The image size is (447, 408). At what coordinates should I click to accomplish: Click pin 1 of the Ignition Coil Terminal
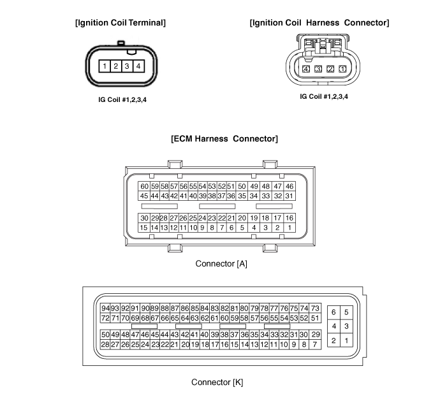(105, 66)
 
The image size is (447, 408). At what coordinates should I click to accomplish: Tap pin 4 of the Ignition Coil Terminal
(138, 66)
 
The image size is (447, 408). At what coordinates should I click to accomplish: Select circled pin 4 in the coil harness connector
(306, 69)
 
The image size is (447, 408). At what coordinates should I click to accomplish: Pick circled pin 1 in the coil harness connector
(342, 69)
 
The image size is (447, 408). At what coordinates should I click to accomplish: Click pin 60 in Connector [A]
(144, 186)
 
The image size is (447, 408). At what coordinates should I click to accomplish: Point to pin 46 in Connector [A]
(289, 186)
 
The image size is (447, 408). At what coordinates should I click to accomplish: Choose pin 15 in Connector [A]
(144, 228)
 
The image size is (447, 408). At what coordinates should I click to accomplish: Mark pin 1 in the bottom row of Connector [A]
(289, 228)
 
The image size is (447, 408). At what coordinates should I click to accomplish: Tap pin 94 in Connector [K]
(105, 309)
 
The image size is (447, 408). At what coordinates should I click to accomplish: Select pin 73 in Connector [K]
(315, 309)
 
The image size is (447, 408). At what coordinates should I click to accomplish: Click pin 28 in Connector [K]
(105, 344)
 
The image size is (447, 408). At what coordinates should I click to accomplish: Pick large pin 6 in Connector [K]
(333, 312)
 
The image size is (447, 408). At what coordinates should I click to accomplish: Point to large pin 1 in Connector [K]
(346, 340)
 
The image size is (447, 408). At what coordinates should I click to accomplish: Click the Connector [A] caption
(221, 264)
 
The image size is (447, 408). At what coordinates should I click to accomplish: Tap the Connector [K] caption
(217, 382)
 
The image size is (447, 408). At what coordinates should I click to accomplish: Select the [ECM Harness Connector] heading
(224, 139)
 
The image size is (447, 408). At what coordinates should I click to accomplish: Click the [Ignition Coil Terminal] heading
(121, 23)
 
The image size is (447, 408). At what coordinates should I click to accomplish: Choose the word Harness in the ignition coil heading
(323, 23)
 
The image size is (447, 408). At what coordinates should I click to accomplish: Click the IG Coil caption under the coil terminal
(122, 99)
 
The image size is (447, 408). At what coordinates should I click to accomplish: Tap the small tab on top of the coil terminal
(121, 43)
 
